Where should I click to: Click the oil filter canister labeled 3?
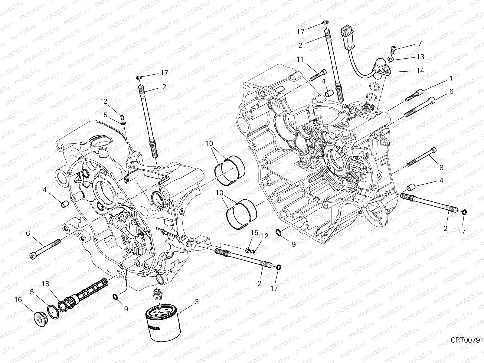click(x=163, y=320)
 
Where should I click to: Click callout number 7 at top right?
click(x=420, y=43)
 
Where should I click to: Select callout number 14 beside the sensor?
click(x=420, y=70)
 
